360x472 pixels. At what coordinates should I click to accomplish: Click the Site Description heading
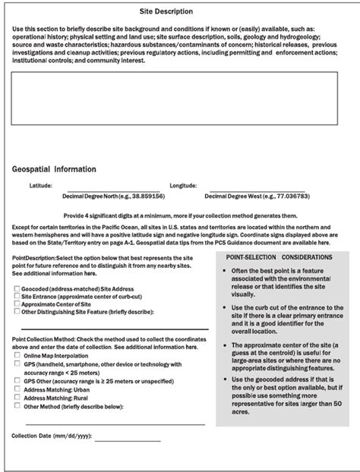(166, 12)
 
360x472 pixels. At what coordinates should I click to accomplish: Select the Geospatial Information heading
(54, 169)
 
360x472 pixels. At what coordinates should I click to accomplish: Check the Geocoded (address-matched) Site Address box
(17, 289)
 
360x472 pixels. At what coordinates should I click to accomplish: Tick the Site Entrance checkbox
(17, 297)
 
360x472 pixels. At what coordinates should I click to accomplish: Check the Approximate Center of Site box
(17, 304)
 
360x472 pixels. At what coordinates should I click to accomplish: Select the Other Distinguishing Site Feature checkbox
(17, 311)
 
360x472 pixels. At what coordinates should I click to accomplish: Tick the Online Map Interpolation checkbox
(17, 356)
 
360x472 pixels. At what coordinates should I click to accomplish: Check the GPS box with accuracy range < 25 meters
(17, 364)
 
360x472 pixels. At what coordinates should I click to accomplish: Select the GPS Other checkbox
(17, 380)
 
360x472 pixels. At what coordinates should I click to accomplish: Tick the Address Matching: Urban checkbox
(17, 389)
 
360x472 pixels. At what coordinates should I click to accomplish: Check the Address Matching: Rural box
(17, 397)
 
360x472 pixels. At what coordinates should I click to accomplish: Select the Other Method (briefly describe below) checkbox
(17, 405)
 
